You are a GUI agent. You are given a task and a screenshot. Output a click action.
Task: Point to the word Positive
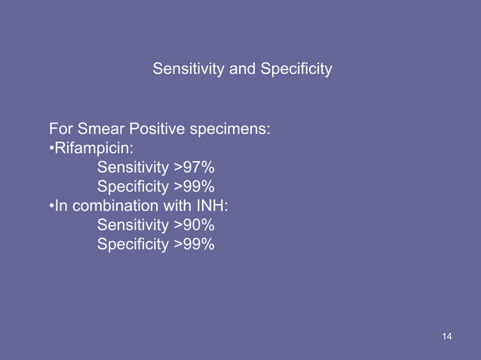pyautogui.click(x=158, y=129)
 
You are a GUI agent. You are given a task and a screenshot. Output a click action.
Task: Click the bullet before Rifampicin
pyautogui.click(x=51, y=148)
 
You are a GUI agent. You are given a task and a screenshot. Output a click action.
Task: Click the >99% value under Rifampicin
pyautogui.click(x=194, y=186)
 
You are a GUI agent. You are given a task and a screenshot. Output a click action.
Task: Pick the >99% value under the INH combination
pyautogui.click(x=194, y=243)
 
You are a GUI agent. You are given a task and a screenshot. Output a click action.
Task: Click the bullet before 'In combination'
pyautogui.click(x=51, y=206)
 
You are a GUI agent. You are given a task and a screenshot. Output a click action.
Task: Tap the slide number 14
pyautogui.click(x=447, y=335)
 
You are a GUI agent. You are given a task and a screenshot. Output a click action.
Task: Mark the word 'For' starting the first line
pyautogui.click(x=61, y=129)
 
